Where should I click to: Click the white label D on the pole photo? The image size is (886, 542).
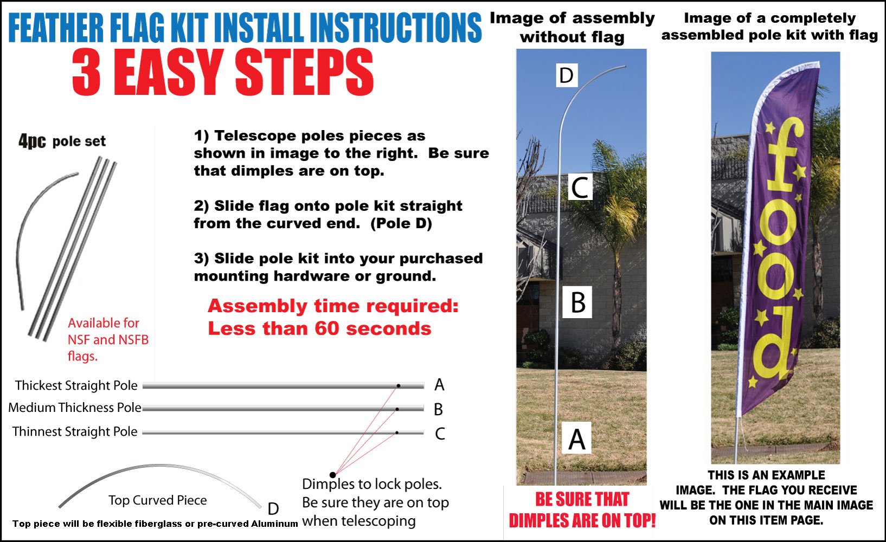tap(567, 75)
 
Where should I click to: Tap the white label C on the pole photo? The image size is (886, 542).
tap(580, 188)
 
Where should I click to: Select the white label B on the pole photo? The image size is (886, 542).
tap(578, 302)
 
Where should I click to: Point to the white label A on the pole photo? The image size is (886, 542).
tap(576, 438)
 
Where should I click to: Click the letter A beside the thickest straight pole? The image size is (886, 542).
tap(439, 385)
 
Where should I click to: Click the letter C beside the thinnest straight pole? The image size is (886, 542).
tap(440, 434)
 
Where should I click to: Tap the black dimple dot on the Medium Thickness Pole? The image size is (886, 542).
tap(397, 409)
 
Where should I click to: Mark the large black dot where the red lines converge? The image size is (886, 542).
tap(332, 475)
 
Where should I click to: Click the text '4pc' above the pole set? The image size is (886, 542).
tap(31, 141)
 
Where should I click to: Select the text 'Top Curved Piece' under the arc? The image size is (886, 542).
tap(157, 500)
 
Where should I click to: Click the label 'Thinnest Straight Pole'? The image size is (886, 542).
tap(75, 432)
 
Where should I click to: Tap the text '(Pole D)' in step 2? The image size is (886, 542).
tap(401, 223)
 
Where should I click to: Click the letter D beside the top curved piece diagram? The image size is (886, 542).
tap(273, 508)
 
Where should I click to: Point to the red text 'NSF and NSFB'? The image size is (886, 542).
tap(108, 340)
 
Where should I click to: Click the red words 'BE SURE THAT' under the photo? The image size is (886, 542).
tap(582, 499)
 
